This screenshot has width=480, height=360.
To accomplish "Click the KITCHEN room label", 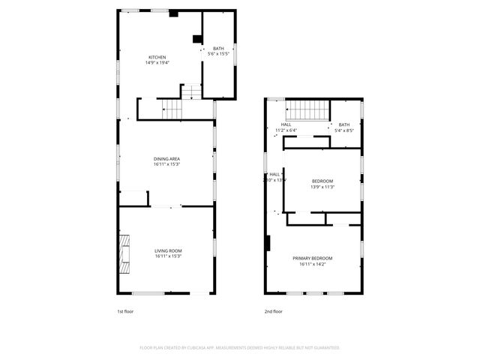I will coord(157,58).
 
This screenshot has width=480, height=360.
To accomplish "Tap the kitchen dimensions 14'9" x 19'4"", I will coord(157,63).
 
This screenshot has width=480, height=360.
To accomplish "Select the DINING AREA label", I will coord(166,158).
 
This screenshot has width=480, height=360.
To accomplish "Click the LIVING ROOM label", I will coord(168,250).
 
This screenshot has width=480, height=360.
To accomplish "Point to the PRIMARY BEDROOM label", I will coord(312,258).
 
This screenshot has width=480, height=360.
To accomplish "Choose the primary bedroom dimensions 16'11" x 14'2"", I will coord(312,264).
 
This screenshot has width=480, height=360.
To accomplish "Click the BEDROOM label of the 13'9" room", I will coord(322,181).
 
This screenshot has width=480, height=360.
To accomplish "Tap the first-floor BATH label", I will coord(218,48).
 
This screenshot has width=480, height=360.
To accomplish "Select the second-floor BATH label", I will coord(343,124).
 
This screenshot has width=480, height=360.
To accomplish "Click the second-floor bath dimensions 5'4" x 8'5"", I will coord(343,130).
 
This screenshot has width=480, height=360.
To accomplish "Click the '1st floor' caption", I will coord(124,311).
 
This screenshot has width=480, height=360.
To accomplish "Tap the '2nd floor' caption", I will coord(273,311).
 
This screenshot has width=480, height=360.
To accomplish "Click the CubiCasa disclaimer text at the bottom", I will coord(240,348).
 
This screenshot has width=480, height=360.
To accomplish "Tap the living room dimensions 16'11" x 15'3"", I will coord(168,256).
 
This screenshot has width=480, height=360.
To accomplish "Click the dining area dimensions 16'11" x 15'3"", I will coord(166,164).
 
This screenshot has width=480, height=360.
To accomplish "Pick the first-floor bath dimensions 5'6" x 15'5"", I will coord(218,54).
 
